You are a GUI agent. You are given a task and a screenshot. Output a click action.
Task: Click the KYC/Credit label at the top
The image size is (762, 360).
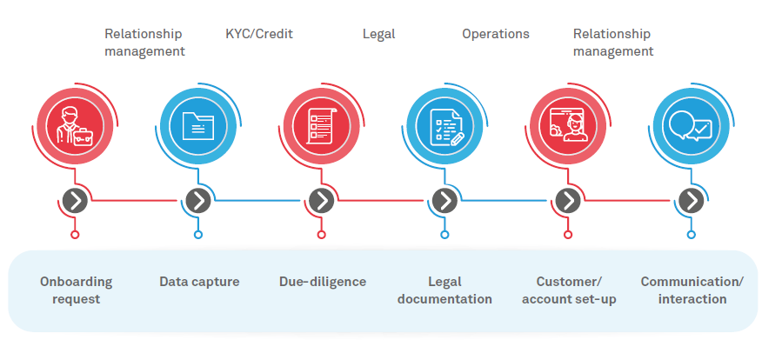[259, 34]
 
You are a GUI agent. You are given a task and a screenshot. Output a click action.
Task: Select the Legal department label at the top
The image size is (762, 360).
[378, 34]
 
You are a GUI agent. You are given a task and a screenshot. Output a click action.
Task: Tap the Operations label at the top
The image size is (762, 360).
[495, 34]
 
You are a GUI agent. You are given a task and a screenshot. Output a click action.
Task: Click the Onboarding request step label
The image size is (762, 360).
[76, 290]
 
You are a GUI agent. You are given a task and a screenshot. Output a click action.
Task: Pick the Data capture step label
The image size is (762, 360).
[199, 282]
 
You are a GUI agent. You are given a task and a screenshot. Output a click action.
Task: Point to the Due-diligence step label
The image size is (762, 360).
[323, 282]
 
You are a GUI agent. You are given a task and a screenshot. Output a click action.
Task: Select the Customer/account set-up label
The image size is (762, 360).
[569, 290]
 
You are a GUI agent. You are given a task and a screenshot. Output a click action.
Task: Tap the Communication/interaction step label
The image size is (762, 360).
[692, 290]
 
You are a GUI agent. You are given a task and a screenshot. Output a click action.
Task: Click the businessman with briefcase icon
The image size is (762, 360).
[75, 125]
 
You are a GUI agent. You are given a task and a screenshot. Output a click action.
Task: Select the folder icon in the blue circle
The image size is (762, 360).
[198, 125]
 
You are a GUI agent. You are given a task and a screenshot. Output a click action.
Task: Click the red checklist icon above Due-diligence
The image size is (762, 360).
[322, 125]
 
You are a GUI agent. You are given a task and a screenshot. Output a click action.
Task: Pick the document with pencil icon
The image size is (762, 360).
[445, 125]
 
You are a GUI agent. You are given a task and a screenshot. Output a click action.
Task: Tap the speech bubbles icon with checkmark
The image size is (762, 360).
[692, 125]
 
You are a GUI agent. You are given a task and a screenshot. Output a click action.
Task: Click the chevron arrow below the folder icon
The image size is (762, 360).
[198, 201]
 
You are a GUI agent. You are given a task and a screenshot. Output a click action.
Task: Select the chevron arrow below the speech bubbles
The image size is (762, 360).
[692, 201]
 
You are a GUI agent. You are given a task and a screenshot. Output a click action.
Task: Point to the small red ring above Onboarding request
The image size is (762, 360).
[75, 235]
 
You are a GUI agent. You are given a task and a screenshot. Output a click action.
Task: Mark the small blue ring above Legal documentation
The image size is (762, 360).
[444, 235]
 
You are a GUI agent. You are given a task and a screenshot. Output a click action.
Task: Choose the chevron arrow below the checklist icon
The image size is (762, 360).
[322, 201]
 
